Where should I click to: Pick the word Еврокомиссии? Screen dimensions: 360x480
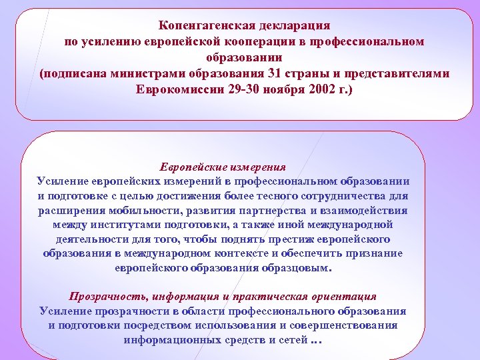(181, 89)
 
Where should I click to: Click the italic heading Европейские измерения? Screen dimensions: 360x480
(223, 167)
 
